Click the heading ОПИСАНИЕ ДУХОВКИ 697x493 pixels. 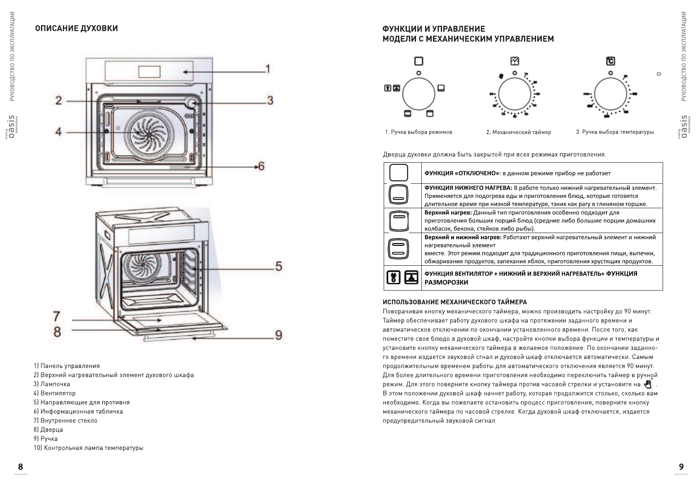(x=77, y=28)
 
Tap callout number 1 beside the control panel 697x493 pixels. (x=268, y=69)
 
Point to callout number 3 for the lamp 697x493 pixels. (x=270, y=100)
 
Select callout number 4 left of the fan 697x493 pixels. (x=58, y=132)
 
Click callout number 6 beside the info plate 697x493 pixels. (x=261, y=166)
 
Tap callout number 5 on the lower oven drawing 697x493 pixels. (x=279, y=266)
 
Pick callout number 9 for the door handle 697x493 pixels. (x=279, y=335)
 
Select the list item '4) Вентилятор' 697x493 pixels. (x=55, y=393)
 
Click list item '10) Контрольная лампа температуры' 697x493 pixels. (x=89, y=448)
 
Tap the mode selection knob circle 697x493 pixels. (x=418, y=94)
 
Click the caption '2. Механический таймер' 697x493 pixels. (x=519, y=132)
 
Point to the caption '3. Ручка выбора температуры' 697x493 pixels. (x=615, y=132)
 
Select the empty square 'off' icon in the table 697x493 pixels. (x=399, y=173)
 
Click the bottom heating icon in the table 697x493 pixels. (x=399, y=195)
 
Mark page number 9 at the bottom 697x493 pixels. (x=681, y=467)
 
